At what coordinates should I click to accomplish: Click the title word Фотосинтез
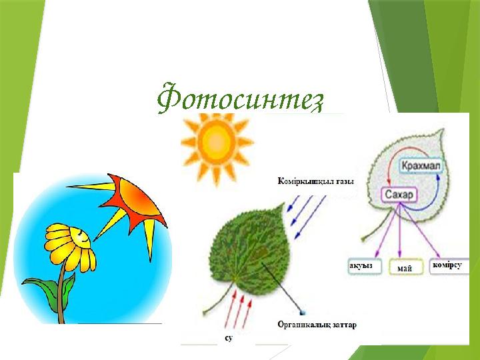(240, 99)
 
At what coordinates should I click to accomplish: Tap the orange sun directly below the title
(216, 141)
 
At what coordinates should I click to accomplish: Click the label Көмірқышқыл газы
(315, 181)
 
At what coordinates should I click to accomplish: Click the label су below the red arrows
(228, 339)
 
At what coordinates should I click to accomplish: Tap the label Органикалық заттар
(317, 325)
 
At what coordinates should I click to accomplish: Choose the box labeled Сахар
(399, 195)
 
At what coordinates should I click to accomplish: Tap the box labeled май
(403, 268)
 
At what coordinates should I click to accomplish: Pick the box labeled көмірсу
(447, 265)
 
